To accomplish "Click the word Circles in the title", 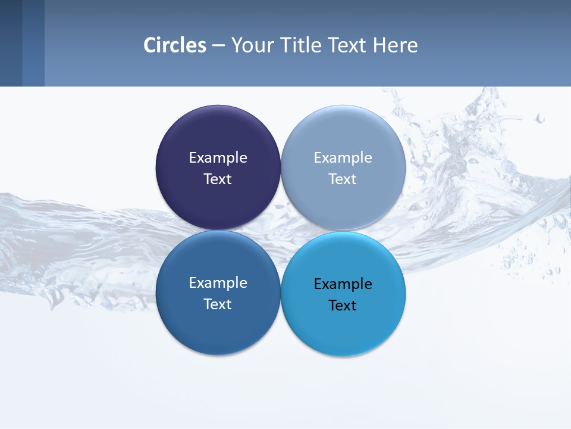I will tap(175, 45).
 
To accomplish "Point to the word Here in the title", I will tap(396, 45).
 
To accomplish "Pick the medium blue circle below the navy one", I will tap(218, 328).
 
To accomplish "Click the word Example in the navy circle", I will tap(218, 158).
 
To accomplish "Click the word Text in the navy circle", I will tap(218, 179).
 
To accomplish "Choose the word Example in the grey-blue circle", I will tap(343, 158).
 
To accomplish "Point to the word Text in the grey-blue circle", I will tap(343, 179).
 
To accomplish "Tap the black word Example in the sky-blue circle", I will tap(343, 284).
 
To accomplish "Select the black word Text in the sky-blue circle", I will tap(343, 306).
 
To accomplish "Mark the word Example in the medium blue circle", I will tap(218, 283).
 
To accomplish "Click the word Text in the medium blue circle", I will tap(218, 304).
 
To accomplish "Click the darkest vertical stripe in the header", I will tap(11, 43).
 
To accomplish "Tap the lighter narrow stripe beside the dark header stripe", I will tap(33, 43).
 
